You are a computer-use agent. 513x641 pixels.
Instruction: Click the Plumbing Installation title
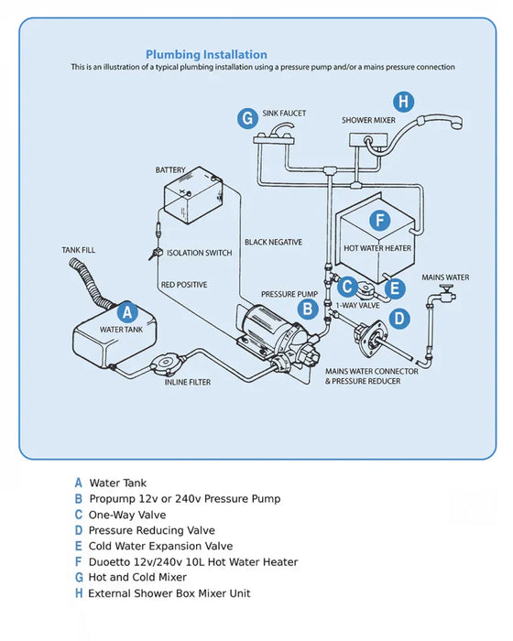tap(206, 55)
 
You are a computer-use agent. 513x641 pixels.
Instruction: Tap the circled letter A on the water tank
tap(128, 311)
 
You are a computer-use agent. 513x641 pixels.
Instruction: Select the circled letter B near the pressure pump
tap(309, 309)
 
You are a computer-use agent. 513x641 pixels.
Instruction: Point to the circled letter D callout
tap(398, 318)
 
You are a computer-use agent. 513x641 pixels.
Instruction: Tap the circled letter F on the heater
tap(378, 221)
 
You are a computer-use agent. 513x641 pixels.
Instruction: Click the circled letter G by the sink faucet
tap(246, 117)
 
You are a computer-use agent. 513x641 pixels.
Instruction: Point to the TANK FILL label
tap(78, 250)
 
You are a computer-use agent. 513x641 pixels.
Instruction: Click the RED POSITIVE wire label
tap(183, 285)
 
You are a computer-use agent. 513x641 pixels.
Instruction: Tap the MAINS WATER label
tap(445, 277)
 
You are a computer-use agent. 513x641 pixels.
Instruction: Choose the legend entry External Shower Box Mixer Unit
tap(169, 593)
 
